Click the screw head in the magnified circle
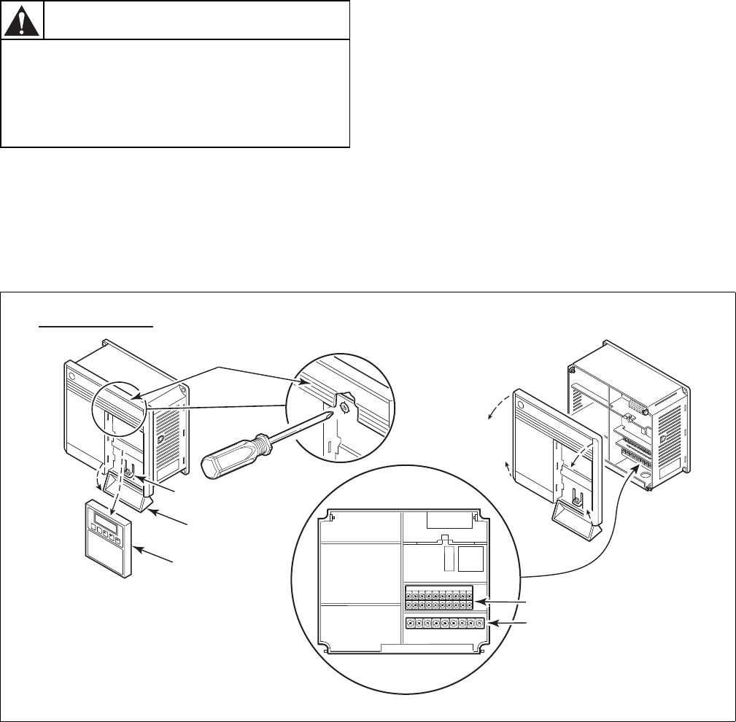point(346,411)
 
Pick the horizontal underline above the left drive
point(96,327)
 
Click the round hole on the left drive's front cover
point(71,378)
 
